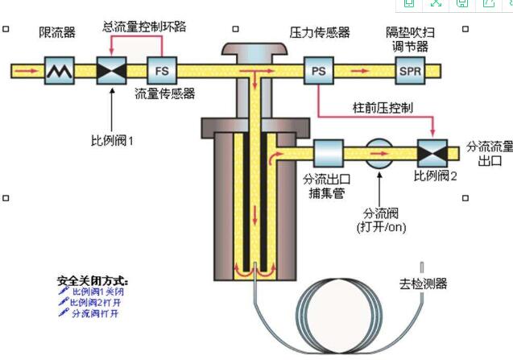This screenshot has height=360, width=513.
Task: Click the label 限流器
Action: tap(57, 32)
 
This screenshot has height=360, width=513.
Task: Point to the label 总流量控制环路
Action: tap(145, 26)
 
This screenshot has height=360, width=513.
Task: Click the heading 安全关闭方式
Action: tap(93, 281)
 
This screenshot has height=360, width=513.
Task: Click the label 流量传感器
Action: tap(164, 93)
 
